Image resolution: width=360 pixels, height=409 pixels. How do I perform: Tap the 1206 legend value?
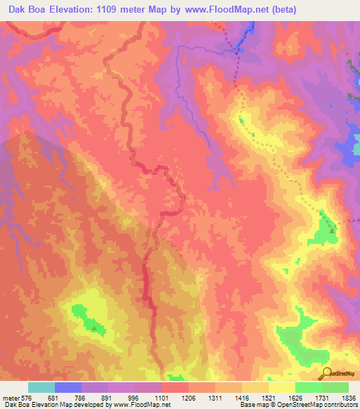188,398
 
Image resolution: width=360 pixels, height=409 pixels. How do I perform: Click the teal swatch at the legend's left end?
41,387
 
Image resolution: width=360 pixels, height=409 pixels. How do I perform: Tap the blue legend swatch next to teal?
68,387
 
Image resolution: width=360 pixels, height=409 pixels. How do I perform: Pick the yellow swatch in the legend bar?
282,387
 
